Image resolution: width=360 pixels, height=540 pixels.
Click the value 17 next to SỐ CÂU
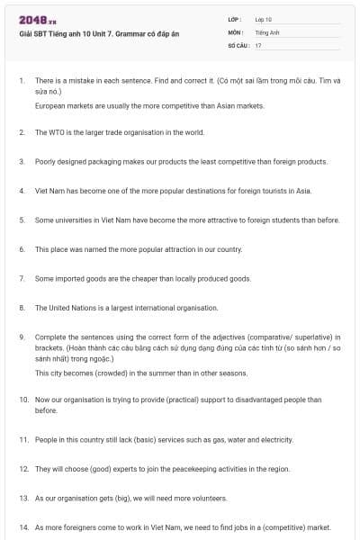click(258, 45)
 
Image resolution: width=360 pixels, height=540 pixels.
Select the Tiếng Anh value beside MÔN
click(267, 32)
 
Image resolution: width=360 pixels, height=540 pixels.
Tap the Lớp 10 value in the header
click(264, 19)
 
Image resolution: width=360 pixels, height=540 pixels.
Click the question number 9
click(22, 337)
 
